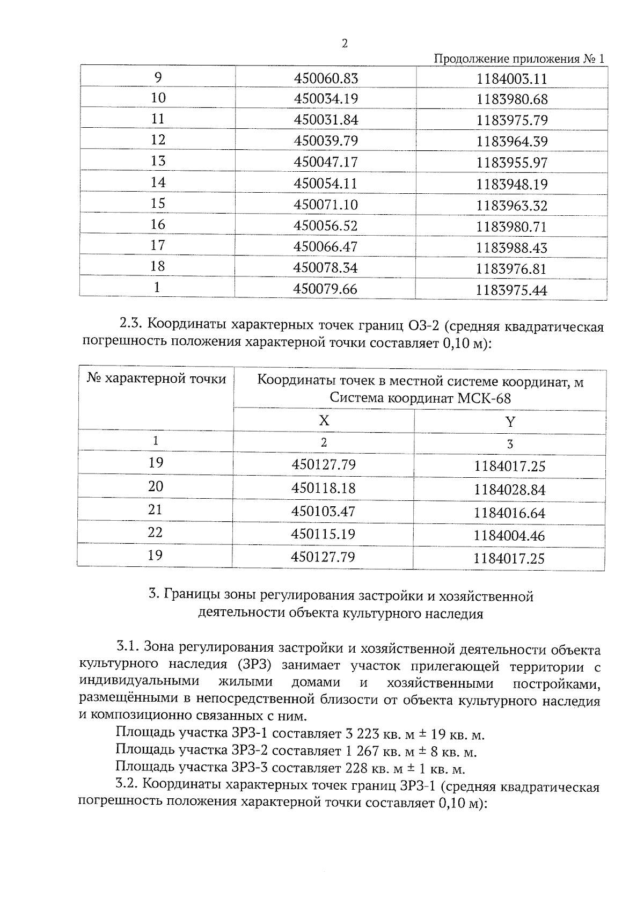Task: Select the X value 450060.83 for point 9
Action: (326, 78)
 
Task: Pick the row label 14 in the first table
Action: (158, 183)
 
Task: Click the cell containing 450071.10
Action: (326, 205)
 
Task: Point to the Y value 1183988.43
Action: (512, 248)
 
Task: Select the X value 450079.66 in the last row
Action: (325, 289)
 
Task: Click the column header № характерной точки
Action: (156, 379)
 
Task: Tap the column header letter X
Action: (324, 420)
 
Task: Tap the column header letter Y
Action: (510, 422)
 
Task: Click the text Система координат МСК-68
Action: (420, 398)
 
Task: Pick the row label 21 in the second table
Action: (156, 509)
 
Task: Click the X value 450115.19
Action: (323, 534)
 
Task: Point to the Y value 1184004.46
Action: (509, 536)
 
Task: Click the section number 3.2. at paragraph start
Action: (128, 784)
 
